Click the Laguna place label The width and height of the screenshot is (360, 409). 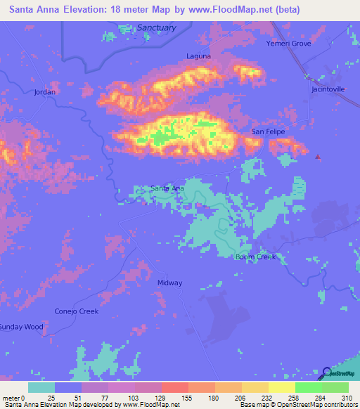pyautogui.click(x=198, y=56)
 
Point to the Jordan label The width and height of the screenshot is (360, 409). pyautogui.click(x=44, y=92)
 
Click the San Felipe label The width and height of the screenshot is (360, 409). pyautogui.click(x=266, y=132)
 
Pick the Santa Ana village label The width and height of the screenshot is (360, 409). pyautogui.click(x=168, y=188)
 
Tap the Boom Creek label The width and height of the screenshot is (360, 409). pyautogui.click(x=255, y=257)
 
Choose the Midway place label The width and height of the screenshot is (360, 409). pyautogui.click(x=170, y=283)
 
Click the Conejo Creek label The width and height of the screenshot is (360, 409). pyautogui.click(x=77, y=311)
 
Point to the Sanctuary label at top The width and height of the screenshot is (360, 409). pyautogui.click(x=156, y=27)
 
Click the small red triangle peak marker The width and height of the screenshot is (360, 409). pyautogui.click(x=318, y=157)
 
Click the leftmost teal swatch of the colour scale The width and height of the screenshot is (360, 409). pyautogui.click(x=41, y=387)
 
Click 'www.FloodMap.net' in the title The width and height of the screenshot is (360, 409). pyautogui.click(x=236, y=10)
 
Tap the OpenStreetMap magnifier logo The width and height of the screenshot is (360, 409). pyautogui.click(x=328, y=373)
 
